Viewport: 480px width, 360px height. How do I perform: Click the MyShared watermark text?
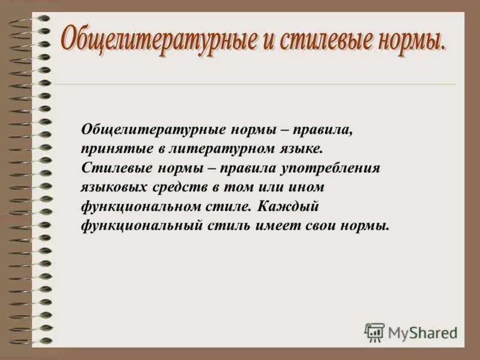pyautogui.click(x=422, y=333)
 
